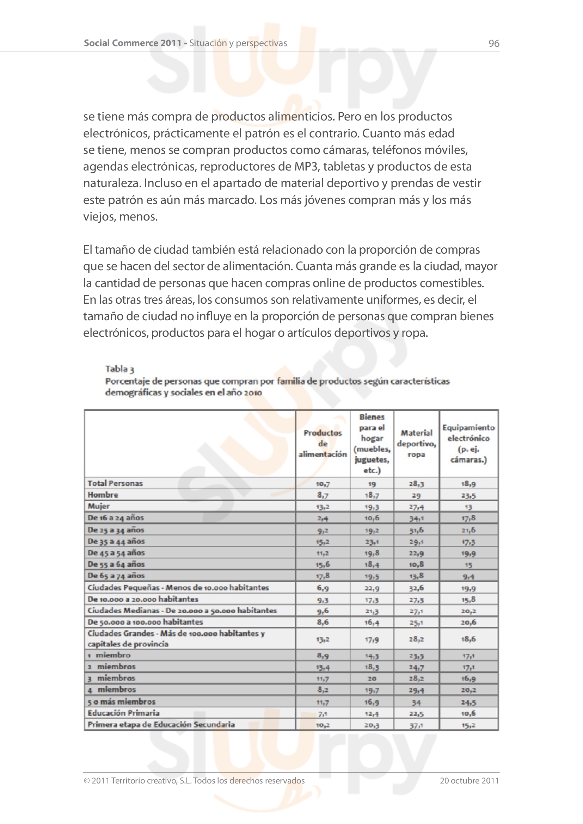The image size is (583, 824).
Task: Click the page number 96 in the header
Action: (493, 43)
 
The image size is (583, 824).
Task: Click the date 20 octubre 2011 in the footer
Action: (469, 780)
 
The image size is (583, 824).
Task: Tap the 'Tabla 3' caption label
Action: (119, 369)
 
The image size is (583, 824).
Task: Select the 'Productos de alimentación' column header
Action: (323, 443)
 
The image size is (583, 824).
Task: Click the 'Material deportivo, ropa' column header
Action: (416, 443)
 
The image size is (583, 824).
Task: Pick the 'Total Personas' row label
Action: (115, 483)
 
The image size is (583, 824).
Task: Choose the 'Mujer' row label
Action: (99, 506)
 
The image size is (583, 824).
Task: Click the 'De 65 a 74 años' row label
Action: (116, 576)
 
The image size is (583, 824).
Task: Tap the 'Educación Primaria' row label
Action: (123, 713)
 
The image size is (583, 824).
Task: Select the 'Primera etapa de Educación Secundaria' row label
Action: (161, 724)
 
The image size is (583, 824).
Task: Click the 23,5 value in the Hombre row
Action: (468, 495)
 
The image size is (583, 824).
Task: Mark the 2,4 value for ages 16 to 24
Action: (323, 518)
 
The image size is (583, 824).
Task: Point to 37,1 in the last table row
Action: (416, 725)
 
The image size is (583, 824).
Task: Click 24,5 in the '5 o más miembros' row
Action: (468, 702)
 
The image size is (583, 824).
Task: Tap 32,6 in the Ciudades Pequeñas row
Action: (416, 588)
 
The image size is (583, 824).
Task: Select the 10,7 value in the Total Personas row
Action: (323, 484)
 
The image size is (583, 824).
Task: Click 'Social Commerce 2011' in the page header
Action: (133, 43)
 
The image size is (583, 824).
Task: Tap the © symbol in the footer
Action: (86, 781)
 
